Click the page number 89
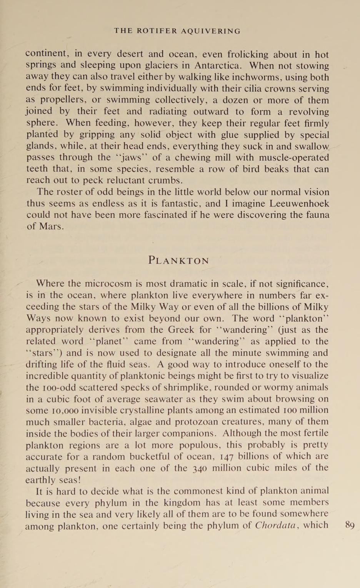point(350,525)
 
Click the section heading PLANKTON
point(179,261)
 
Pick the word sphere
point(42,123)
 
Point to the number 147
point(226,456)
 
